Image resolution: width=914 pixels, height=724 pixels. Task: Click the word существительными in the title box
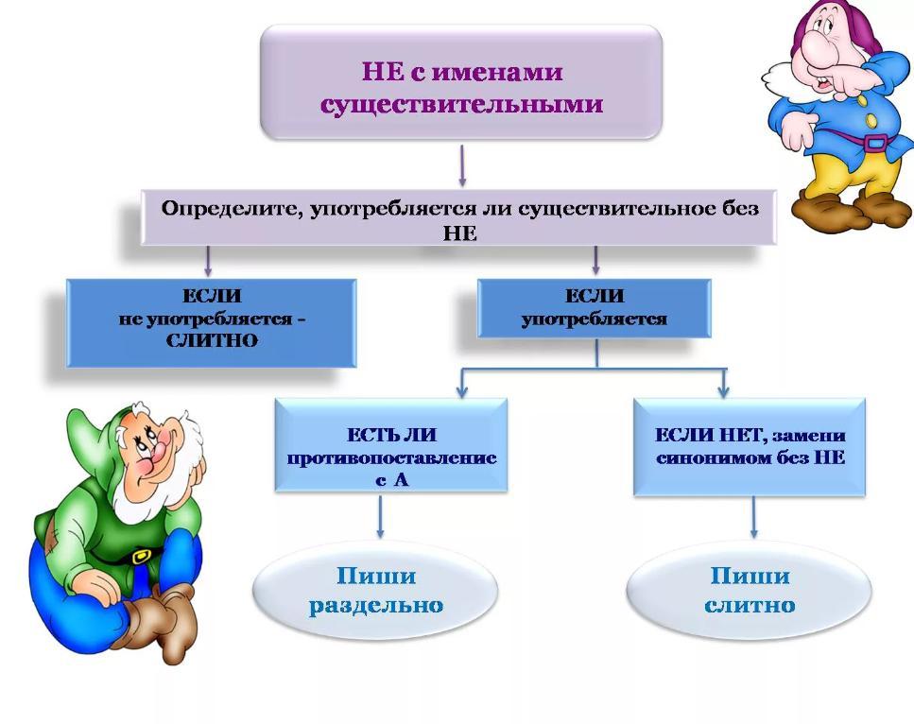(461, 105)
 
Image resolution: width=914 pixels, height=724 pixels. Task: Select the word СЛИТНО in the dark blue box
(212, 340)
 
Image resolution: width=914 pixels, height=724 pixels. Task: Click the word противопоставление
(391, 457)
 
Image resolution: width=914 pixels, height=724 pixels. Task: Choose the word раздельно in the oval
(376, 605)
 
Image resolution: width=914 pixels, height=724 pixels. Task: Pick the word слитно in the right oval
(750, 605)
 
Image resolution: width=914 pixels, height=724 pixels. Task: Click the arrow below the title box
(462, 166)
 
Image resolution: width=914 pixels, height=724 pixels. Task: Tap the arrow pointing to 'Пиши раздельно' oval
(380, 517)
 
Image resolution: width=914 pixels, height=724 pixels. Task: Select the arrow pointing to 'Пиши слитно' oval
(753, 517)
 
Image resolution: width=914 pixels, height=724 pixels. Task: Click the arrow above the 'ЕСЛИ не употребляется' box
(208, 261)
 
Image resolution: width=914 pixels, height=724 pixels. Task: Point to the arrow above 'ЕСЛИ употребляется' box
(595, 260)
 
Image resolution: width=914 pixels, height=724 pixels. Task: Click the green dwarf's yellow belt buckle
(141, 556)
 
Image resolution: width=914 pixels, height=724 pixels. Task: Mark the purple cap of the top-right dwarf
(839, 18)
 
